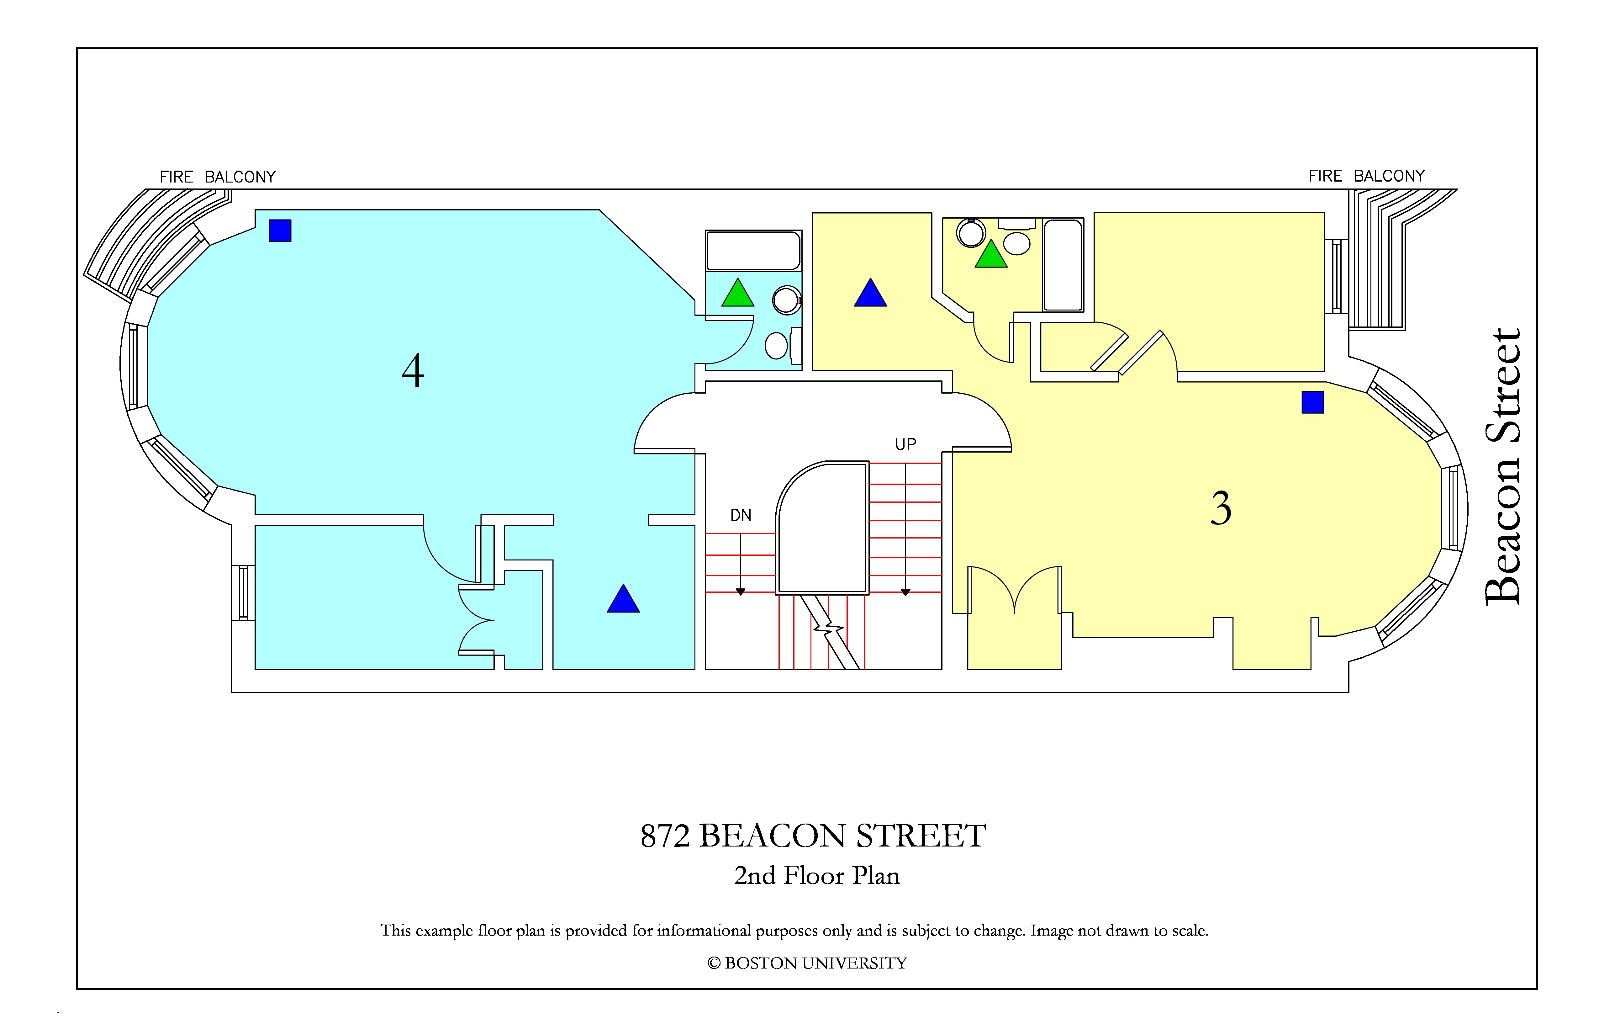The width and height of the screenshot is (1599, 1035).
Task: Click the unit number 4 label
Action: click(x=413, y=371)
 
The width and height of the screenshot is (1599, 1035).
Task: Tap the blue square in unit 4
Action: click(x=280, y=231)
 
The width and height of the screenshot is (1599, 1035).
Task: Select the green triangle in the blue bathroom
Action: click(x=738, y=293)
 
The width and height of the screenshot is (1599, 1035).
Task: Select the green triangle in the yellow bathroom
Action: click(x=991, y=254)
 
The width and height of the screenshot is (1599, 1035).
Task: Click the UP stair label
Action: click(x=906, y=444)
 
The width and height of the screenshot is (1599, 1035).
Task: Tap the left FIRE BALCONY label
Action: click(x=218, y=177)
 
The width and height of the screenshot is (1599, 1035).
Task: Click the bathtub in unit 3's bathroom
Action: click(x=1063, y=265)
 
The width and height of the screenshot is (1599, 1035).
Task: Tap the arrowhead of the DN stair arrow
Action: click(x=740, y=592)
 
